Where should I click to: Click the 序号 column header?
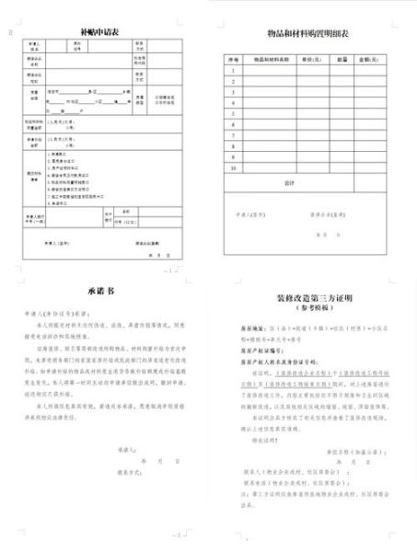pyautogui.click(x=233, y=59)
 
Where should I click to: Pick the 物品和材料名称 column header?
pyautogui.click(x=272, y=59)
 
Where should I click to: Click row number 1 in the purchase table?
pyautogui.click(x=233, y=70)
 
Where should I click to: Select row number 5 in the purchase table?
pyautogui.click(x=233, y=114)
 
